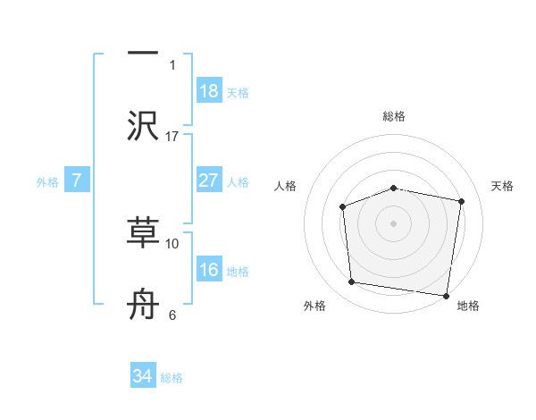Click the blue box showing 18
click(x=209, y=90)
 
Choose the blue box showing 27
click(x=209, y=181)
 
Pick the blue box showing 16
click(x=209, y=270)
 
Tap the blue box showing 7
click(x=77, y=181)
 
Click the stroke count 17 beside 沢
click(x=172, y=136)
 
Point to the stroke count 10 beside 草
click(x=172, y=243)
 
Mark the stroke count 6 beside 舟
click(x=172, y=315)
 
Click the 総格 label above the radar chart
click(x=394, y=116)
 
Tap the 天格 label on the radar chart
click(x=503, y=186)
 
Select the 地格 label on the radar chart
click(x=468, y=306)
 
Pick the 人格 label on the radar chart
click(x=286, y=186)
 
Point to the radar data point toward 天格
click(x=463, y=201)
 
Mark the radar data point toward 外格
click(x=352, y=282)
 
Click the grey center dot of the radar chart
click(x=394, y=223)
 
